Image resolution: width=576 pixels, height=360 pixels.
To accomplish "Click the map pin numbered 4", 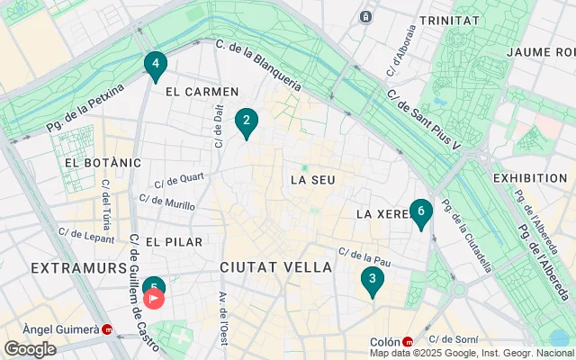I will tap(156, 65).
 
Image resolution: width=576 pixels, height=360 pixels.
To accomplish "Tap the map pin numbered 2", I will tap(247, 121).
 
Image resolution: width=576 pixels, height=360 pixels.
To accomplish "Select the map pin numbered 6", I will tap(420, 211).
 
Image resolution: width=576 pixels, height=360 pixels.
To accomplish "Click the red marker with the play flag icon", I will tap(154, 298).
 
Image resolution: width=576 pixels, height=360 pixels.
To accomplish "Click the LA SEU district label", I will tap(312, 180).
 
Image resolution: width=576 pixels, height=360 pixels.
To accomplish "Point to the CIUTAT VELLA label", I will tap(275, 267).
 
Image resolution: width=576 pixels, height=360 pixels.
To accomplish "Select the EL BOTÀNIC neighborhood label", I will tap(103, 163).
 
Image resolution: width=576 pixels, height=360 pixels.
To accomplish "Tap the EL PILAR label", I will tap(174, 242).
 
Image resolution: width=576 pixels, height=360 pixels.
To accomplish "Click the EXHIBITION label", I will tap(531, 178).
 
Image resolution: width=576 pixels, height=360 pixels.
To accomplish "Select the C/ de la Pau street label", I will tap(363, 256).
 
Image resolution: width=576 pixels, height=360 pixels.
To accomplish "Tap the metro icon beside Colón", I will tap(408, 342).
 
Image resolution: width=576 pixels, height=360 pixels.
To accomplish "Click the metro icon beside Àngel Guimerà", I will tap(108, 329).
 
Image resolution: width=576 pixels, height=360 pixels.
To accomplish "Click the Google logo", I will tap(30, 349).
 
